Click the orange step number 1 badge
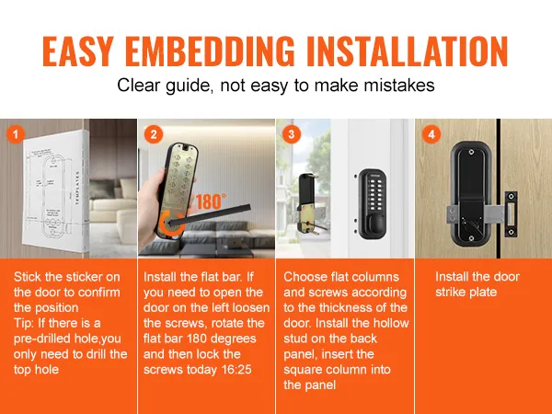point(15,134)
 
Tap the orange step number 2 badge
point(154,134)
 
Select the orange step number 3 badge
point(292,134)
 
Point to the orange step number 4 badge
point(431,134)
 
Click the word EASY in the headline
point(78,51)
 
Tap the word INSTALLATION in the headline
point(407,51)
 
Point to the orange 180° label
point(211,201)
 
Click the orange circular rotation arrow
point(171,224)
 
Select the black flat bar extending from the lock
point(211,214)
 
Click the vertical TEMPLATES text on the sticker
point(78,189)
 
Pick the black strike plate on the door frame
point(512,213)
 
